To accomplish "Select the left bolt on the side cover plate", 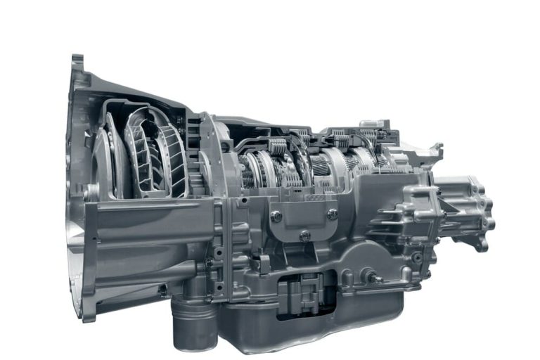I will (x=276, y=216).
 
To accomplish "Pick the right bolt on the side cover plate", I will (x=332, y=214).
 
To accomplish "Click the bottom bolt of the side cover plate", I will (x=304, y=236).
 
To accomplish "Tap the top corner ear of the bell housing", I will (x=77, y=63).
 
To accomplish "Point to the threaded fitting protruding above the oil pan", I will (x=377, y=278).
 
